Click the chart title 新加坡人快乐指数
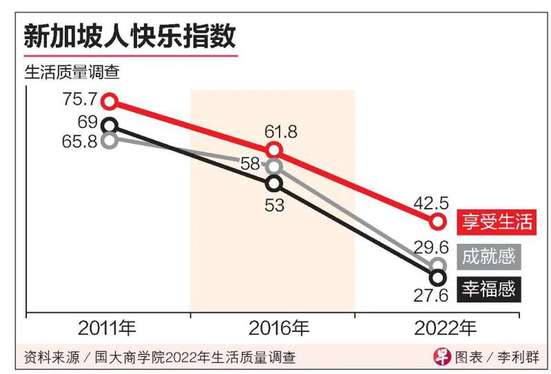click(129, 37)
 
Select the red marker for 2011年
click(110, 101)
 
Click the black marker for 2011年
click(110, 125)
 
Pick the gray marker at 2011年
click(109, 141)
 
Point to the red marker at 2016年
click(274, 150)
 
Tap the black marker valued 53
click(274, 183)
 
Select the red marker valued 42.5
click(438, 221)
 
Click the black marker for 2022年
click(438, 278)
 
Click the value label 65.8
click(80, 141)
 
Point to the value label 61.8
click(280, 132)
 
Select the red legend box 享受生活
click(496, 221)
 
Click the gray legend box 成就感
click(489, 256)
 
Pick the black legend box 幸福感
click(489, 289)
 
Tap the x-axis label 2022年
click(445, 329)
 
